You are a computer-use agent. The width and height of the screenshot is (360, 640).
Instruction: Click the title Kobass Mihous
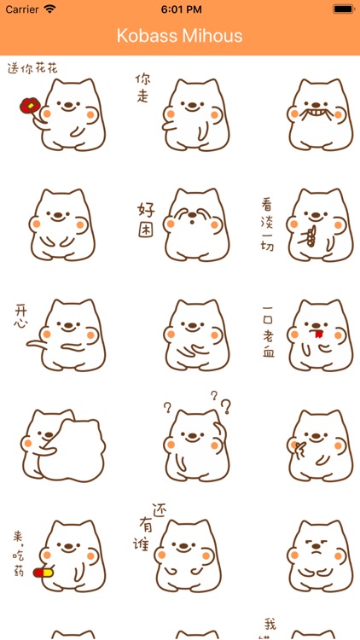pos(180,36)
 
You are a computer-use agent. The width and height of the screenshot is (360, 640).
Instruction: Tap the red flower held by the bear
pos(29,106)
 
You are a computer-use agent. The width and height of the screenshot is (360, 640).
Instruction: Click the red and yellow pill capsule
pos(44,573)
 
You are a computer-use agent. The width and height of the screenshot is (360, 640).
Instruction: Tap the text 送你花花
pos(32,68)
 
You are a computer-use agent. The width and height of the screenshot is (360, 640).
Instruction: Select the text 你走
pos(142,88)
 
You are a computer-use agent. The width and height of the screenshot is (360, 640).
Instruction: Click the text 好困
pos(146,220)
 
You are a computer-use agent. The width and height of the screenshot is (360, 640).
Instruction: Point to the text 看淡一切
pos(267,224)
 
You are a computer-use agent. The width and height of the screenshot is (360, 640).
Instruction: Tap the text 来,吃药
pos(19,554)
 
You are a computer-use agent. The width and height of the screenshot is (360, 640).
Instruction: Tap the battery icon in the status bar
pos(343,9)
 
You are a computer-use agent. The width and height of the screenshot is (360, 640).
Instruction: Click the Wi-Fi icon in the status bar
pos(49,9)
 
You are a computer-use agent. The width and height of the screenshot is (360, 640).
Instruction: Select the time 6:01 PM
pos(181,9)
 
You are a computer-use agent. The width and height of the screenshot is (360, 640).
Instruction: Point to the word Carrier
pos(22,9)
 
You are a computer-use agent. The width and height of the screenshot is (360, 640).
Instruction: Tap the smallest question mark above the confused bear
pos(214,395)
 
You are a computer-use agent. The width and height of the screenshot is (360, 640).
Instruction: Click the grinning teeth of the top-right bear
pos(316,112)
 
